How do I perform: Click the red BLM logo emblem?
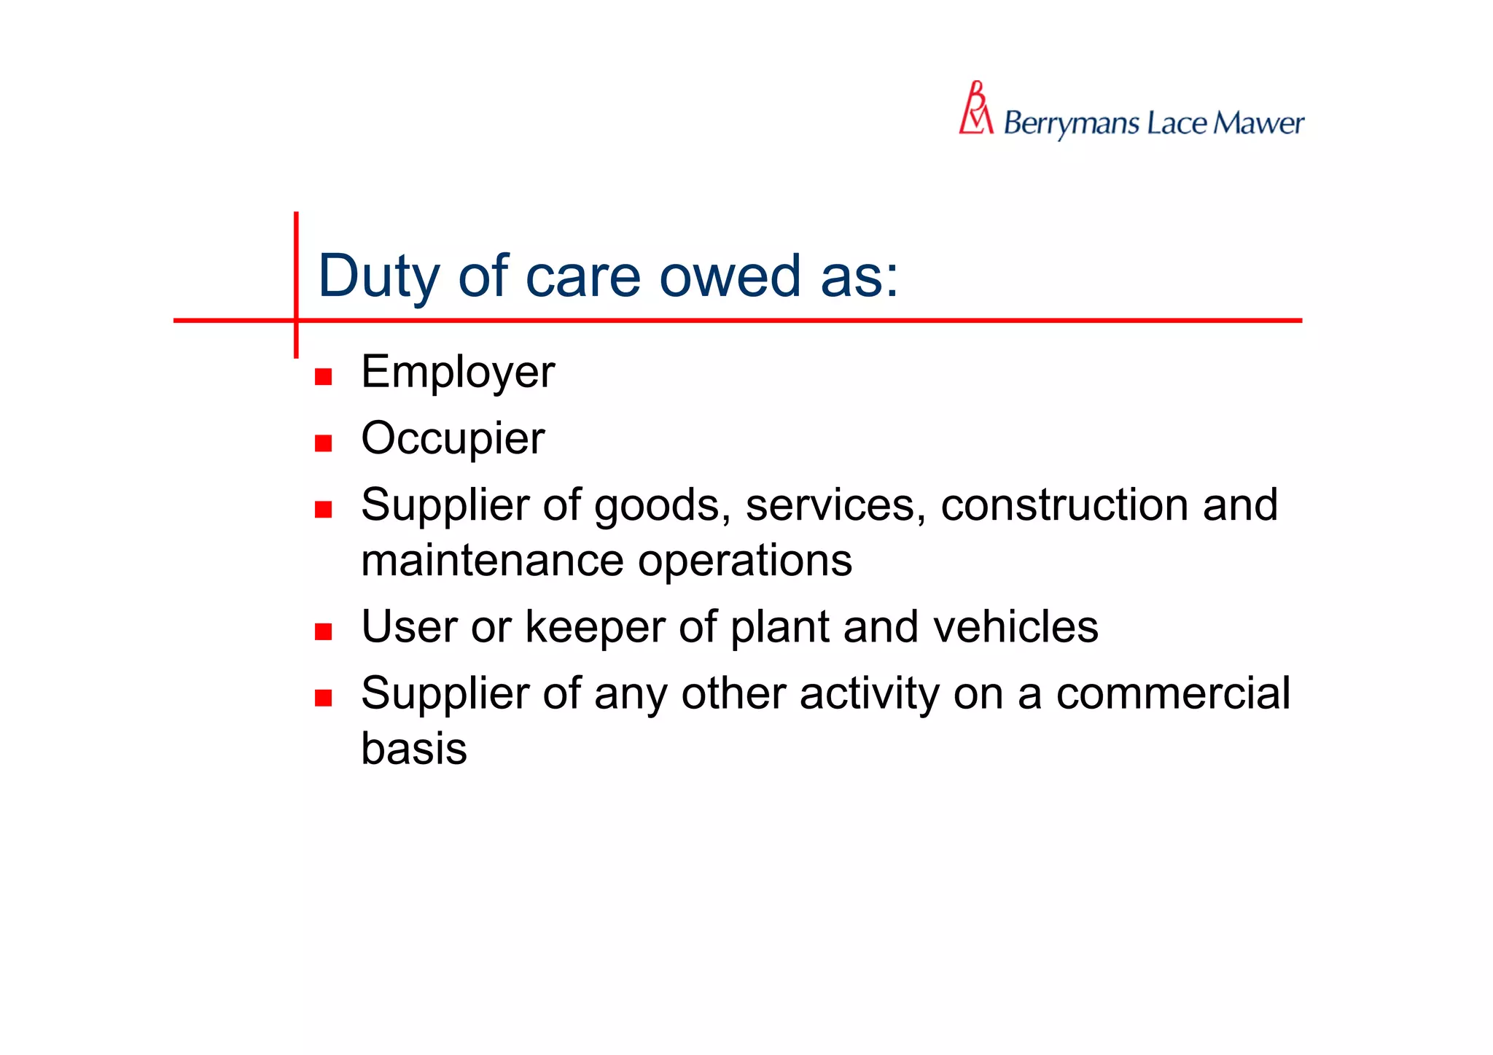point(976,109)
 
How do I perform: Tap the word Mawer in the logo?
point(1258,123)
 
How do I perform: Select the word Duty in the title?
point(378,277)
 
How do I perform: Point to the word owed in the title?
point(730,277)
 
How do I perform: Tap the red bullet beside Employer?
point(323,377)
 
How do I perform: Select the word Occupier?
point(453,439)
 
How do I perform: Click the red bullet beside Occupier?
point(323,443)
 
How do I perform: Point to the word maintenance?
point(492,561)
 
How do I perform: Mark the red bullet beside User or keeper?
point(323,631)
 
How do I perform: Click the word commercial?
point(1173,693)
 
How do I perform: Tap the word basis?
point(414,749)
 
